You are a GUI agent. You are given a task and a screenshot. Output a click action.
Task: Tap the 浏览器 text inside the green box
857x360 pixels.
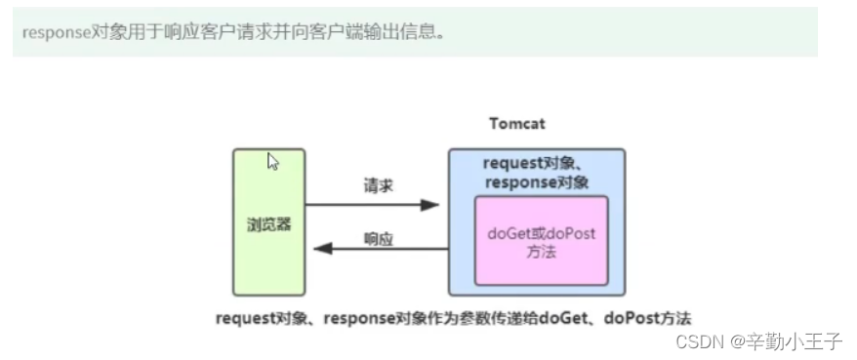268,223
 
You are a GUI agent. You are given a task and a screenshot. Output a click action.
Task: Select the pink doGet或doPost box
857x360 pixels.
541,240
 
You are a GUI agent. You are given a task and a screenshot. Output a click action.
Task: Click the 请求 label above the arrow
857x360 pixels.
378,185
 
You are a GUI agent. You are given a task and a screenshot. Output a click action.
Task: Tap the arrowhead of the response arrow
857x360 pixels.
316,250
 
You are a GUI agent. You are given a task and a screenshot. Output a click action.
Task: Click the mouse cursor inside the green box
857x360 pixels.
274,162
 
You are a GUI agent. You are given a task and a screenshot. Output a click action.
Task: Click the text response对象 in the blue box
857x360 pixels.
537,181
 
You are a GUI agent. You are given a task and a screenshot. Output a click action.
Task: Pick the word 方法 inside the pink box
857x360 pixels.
542,251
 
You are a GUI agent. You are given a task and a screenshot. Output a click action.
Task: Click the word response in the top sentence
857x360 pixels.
56,31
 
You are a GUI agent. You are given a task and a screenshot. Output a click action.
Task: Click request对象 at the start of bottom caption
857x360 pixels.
262,317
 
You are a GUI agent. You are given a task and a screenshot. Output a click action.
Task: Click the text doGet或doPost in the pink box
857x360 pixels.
541,233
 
